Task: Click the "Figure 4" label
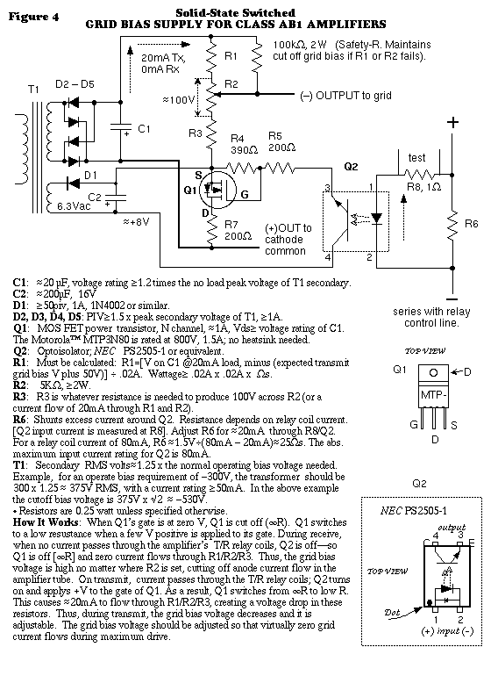[x=33, y=17]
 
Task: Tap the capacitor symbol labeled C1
[x=120, y=127]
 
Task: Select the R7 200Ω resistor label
[x=238, y=230]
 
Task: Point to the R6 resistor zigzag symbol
[x=452, y=224]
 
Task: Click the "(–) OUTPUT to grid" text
[x=345, y=96]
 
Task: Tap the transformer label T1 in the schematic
[x=33, y=90]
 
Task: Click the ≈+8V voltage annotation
[x=136, y=222]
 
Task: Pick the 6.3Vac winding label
[x=74, y=206]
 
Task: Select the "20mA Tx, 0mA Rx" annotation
[x=163, y=63]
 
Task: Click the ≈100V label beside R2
[x=179, y=100]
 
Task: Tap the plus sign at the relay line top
[x=452, y=122]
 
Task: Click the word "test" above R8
[x=416, y=158]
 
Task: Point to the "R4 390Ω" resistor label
[x=244, y=144]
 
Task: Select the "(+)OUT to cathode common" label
[x=288, y=240]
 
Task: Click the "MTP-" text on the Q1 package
[x=433, y=394]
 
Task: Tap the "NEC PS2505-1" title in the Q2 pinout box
[x=414, y=511]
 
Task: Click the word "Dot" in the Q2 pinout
[x=392, y=612]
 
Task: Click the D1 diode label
[x=90, y=175]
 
